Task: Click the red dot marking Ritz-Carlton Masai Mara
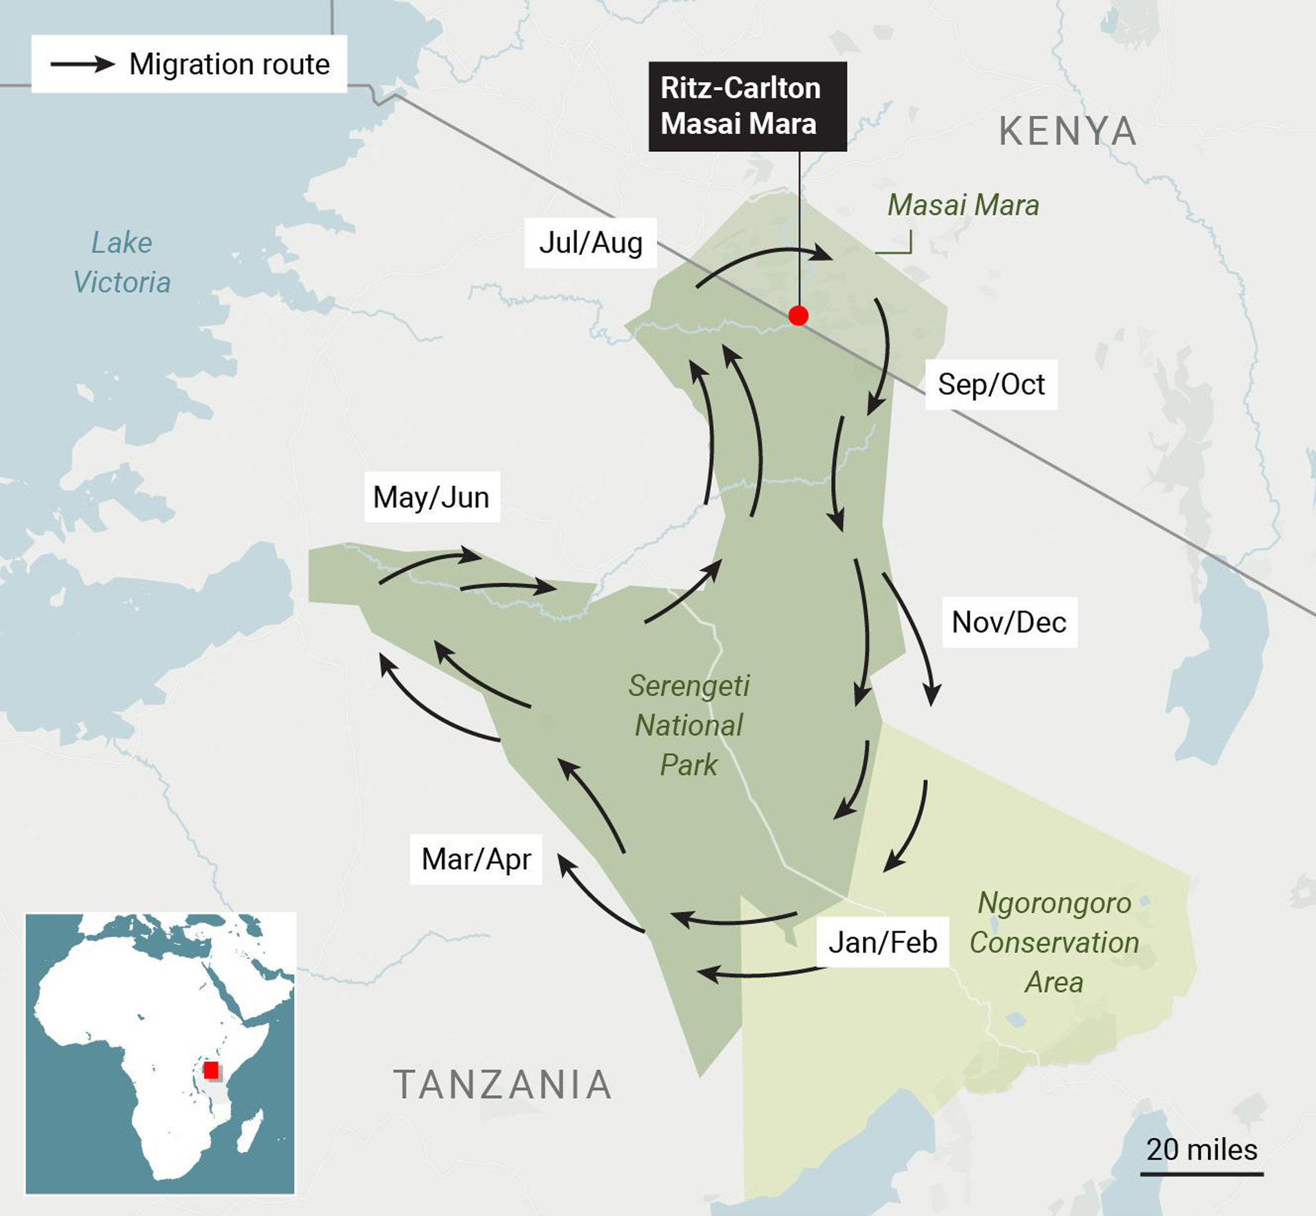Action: [x=798, y=316]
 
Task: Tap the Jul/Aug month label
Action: [x=591, y=243]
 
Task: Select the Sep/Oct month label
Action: [x=991, y=384]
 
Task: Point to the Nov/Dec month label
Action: [x=1009, y=623]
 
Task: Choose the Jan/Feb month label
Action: [x=882, y=942]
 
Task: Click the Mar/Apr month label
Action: [x=476, y=859]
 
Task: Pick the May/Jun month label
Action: [x=432, y=497]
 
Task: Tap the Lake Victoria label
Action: [x=121, y=262]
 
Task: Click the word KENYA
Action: [x=1067, y=132]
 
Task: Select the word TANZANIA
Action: [x=502, y=1085]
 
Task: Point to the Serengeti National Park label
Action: [x=689, y=725]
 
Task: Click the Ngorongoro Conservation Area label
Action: [x=1054, y=942]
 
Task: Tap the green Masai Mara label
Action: [x=963, y=205]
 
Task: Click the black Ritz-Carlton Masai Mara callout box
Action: [x=747, y=107]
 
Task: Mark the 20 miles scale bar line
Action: [x=1202, y=1173]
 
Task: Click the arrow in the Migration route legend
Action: [x=83, y=64]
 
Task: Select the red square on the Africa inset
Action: [x=211, y=1070]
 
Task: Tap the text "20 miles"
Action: [x=1202, y=1150]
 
